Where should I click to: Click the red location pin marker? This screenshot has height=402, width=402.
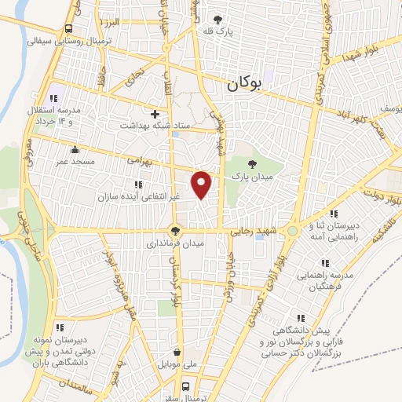(x=202, y=185)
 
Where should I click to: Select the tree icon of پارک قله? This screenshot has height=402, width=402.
(x=218, y=19)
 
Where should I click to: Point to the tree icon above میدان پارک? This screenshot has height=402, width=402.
(x=251, y=164)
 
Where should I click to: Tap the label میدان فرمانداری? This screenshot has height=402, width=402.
(x=174, y=244)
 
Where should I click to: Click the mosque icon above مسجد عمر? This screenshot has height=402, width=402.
(x=75, y=148)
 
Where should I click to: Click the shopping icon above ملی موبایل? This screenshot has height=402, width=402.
(x=179, y=353)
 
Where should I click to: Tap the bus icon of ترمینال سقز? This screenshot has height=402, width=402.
(x=186, y=386)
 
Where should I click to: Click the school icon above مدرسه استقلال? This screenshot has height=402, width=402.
(x=53, y=98)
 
